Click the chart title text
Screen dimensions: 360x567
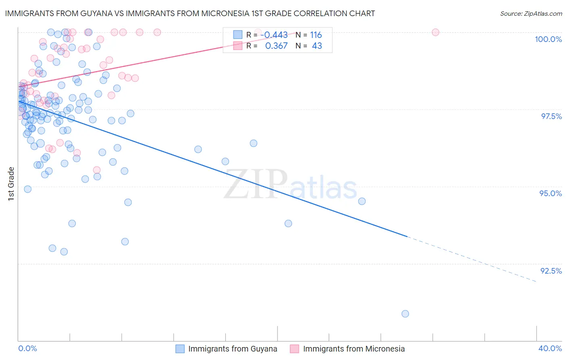pyautogui.click(x=190, y=14)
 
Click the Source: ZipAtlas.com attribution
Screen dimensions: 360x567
pyautogui.click(x=531, y=14)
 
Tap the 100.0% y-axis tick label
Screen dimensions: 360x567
pyautogui.click(x=548, y=39)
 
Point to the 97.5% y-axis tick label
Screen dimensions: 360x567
pyautogui.click(x=551, y=116)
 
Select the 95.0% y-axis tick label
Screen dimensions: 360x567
pyautogui.click(x=550, y=193)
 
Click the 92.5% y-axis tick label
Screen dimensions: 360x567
pyautogui.click(x=551, y=271)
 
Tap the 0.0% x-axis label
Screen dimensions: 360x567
pyautogui.click(x=28, y=348)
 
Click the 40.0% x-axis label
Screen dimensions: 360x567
pyautogui.click(x=550, y=348)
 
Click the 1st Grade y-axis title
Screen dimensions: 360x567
pyautogui.click(x=11, y=183)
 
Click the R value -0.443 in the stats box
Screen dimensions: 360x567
pyautogui.click(x=274, y=35)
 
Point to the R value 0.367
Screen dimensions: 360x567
pyautogui.click(x=276, y=46)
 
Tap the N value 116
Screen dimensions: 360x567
pyautogui.click(x=316, y=35)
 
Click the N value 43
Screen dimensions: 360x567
pyautogui.click(x=317, y=46)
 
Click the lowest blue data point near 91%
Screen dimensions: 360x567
pyautogui.click(x=405, y=314)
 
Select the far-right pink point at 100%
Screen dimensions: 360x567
pyautogui.click(x=436, y=32)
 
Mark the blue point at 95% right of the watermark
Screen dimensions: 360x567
pyautogui.click(x=362, y=201)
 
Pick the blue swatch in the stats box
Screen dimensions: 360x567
pyautogui.click(x=238, y=35)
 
